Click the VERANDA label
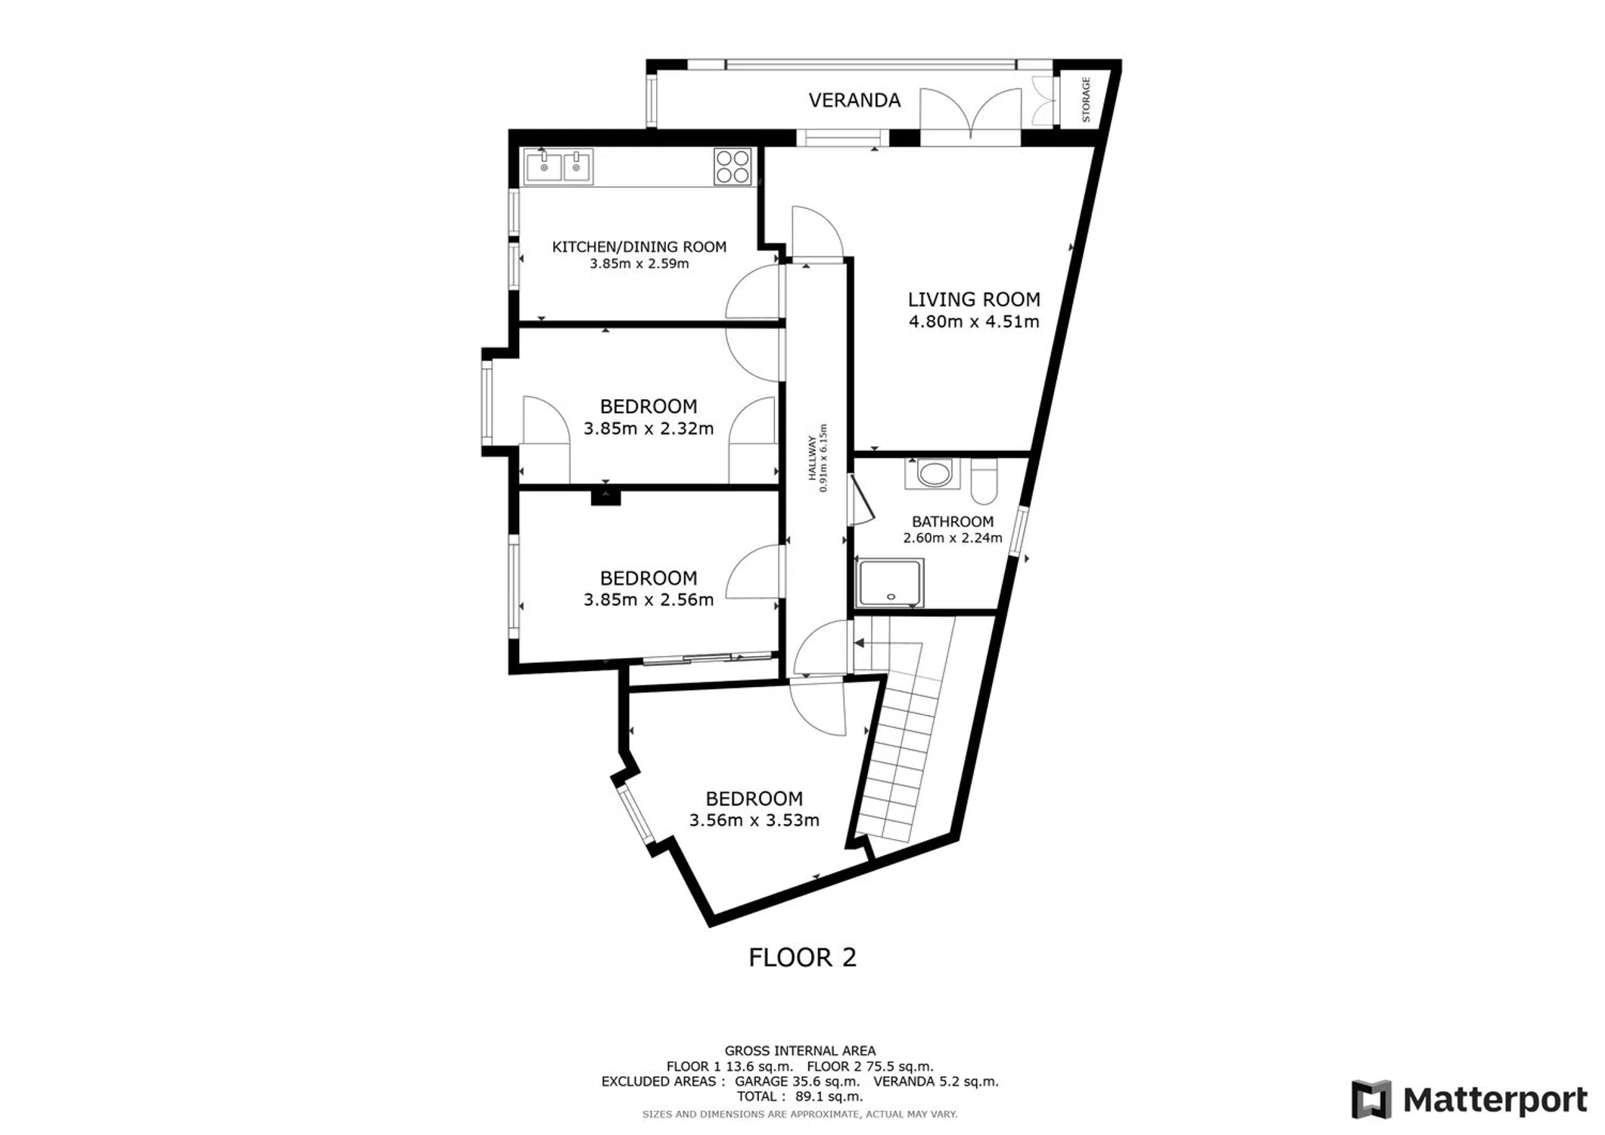point(854,100)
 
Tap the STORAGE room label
point(1086,99)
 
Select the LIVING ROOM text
point(974,300)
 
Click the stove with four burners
point(733,166)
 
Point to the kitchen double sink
point(558,166)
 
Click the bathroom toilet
point(984,481)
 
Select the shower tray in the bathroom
point(890,583)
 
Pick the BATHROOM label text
point(953,521)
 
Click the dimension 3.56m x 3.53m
point(754,820)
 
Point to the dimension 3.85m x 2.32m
point(649,428)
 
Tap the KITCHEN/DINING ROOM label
point(639,247)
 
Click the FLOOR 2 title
point(802,957)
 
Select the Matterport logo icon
point(1371,1099)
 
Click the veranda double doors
point(971,117)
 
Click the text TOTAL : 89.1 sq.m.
point(800,1096)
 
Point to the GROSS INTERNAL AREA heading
point(800,1050)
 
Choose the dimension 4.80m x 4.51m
point(974,322)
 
